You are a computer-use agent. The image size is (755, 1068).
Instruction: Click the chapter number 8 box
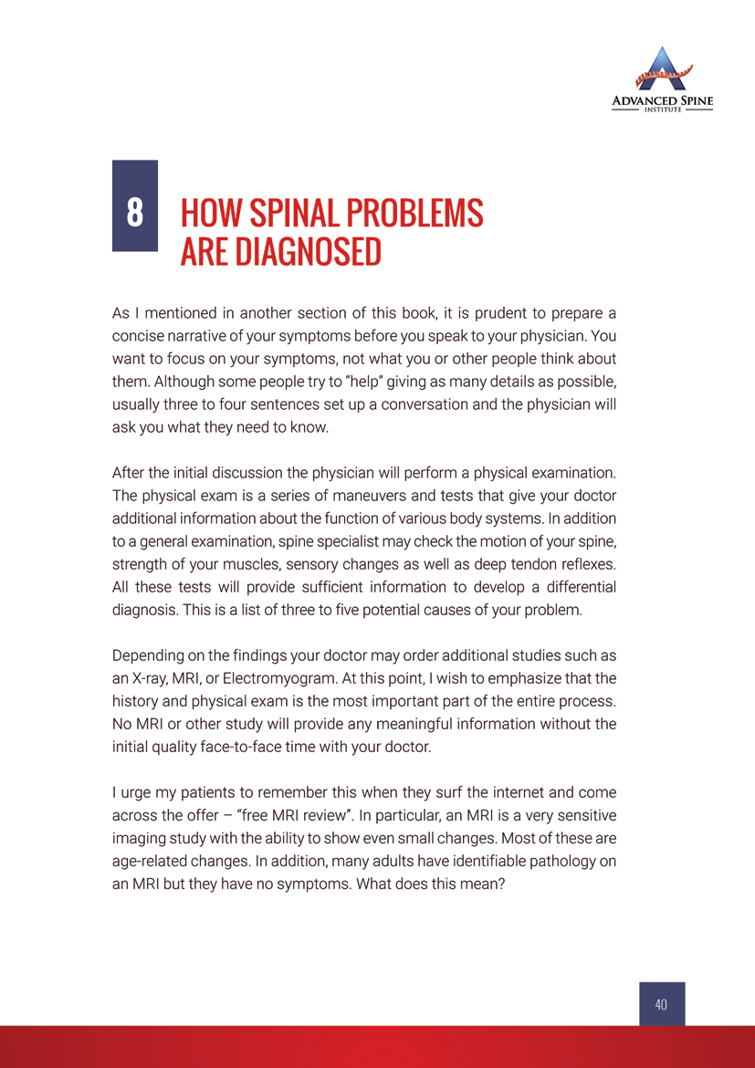[134, 205]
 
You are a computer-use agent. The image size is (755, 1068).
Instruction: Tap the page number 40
[662, 1004]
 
